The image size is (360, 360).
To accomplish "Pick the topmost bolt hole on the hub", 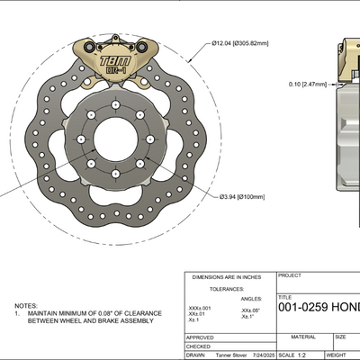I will coord(116,107).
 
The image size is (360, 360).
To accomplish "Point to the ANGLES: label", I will coord(255,298).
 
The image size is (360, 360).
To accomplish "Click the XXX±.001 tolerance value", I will coord(201,307).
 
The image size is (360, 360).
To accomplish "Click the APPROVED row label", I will coord(200,336).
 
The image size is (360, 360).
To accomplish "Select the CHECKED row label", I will coord(198,346).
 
